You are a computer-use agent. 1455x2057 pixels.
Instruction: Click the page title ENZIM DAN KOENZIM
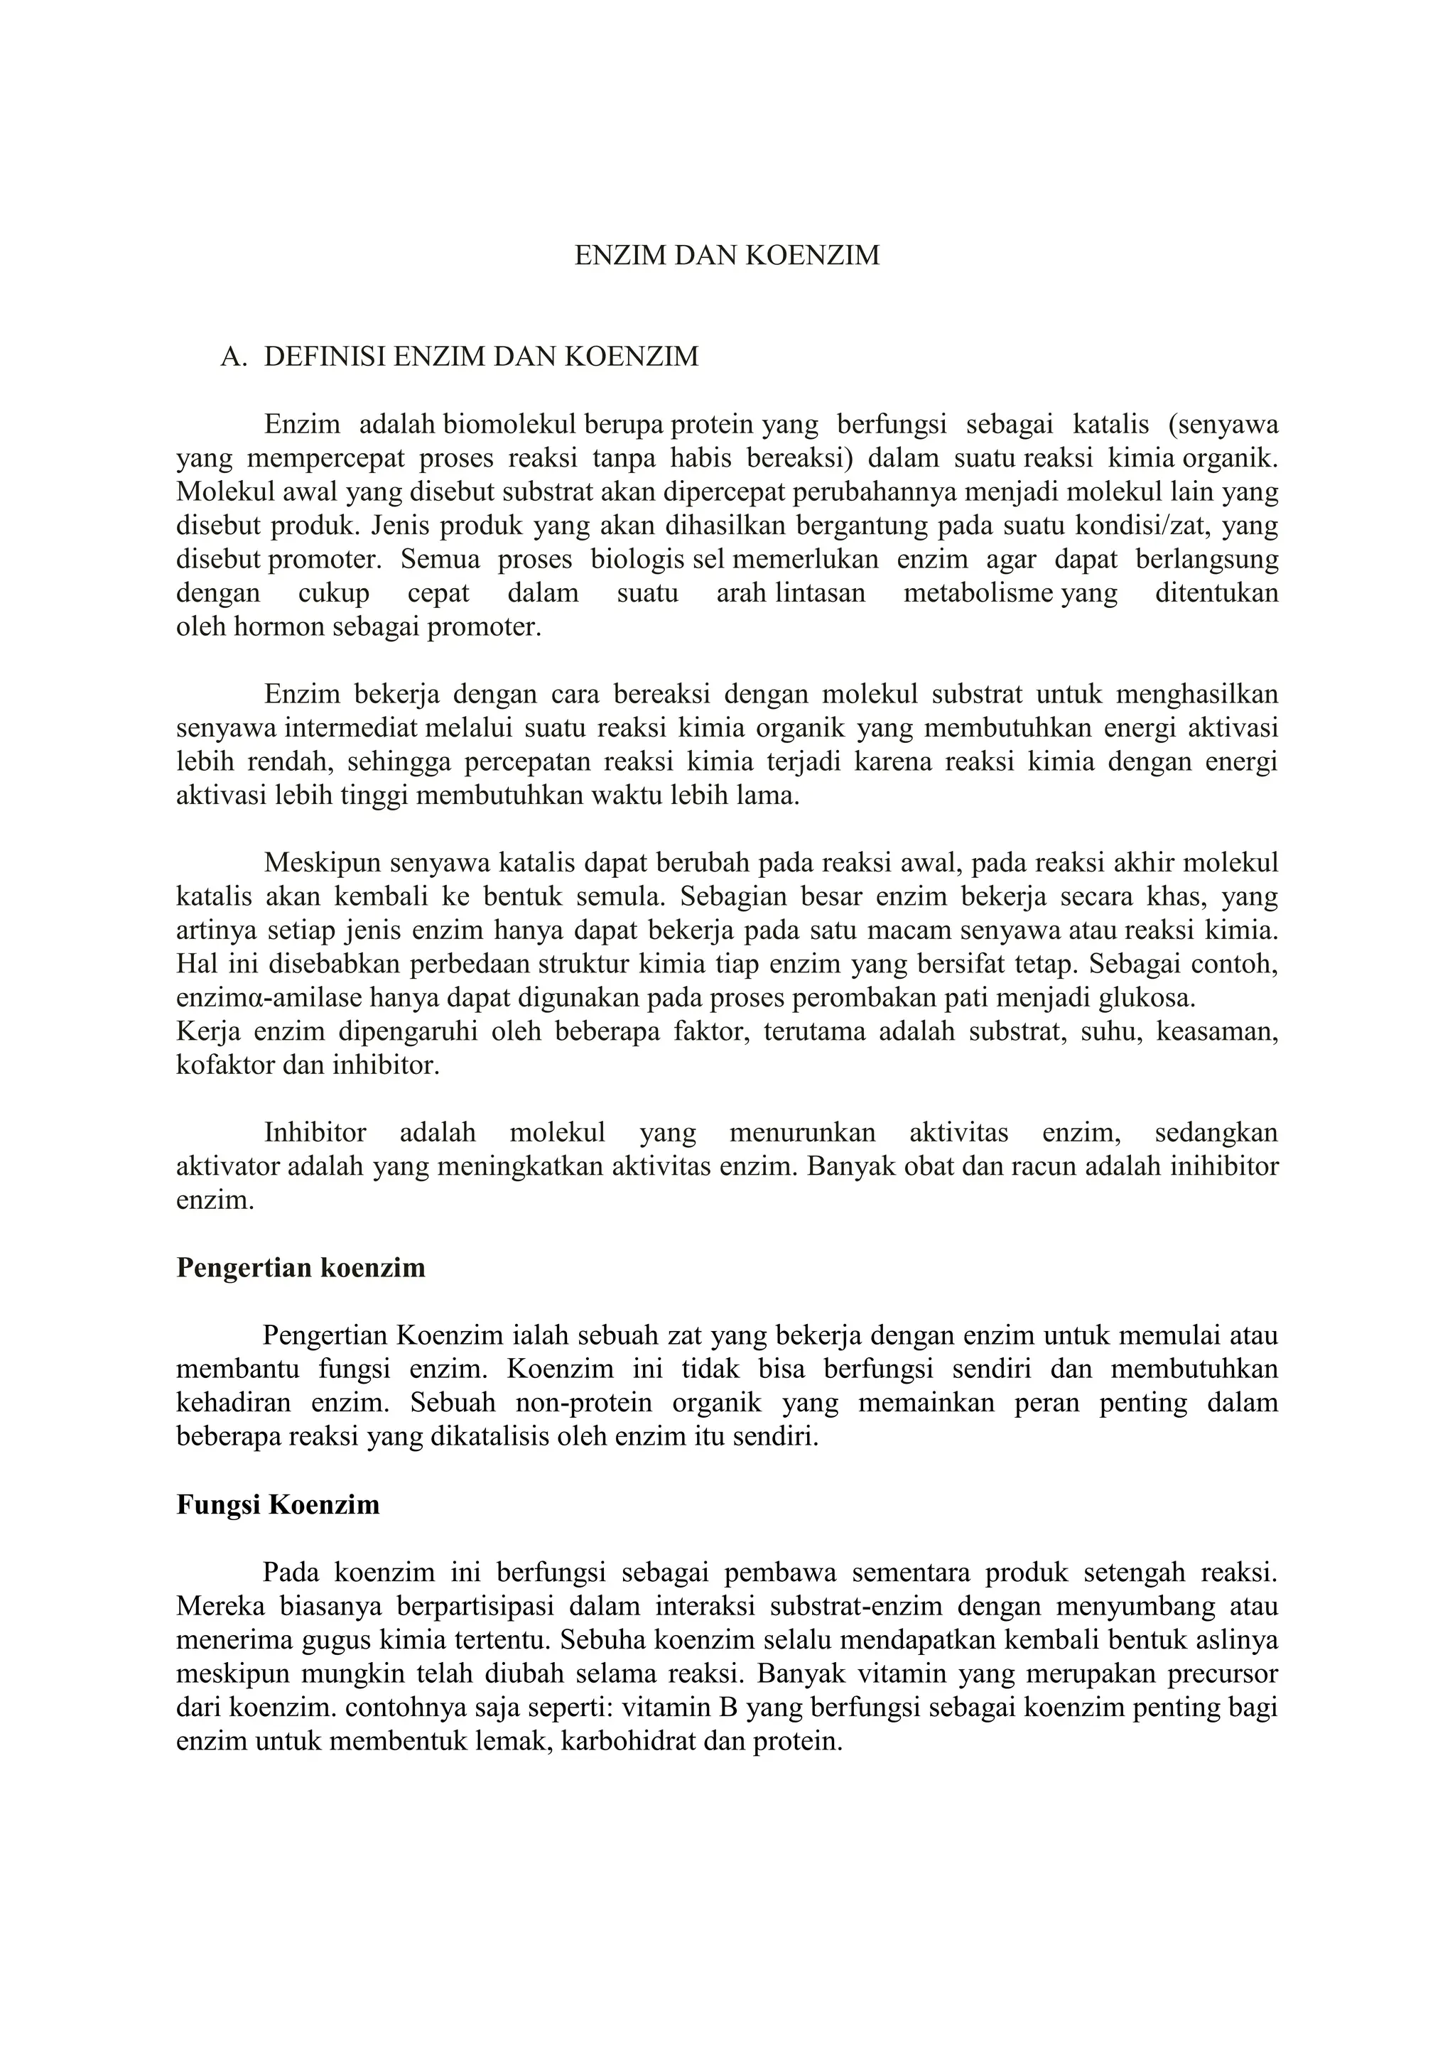(x=727, y=256)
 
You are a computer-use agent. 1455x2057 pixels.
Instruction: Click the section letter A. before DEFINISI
(x=233, y=357)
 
